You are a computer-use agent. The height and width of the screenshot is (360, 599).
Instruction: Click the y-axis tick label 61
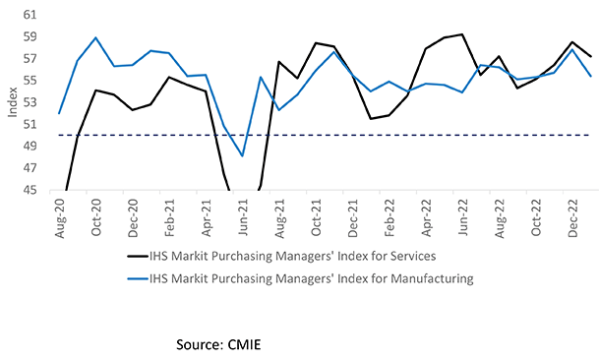[30, 16]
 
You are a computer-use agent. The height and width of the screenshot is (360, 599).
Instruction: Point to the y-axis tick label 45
[30, 191]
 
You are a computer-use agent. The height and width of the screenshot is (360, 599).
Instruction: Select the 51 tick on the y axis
[30, 125]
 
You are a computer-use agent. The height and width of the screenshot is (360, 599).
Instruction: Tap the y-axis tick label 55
[30, 82]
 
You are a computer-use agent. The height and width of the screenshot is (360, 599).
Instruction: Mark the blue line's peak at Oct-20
[96, 38]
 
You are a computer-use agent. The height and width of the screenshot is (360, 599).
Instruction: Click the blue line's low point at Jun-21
[242, 155]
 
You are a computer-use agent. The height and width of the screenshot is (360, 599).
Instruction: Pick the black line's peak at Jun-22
[461, 34]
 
